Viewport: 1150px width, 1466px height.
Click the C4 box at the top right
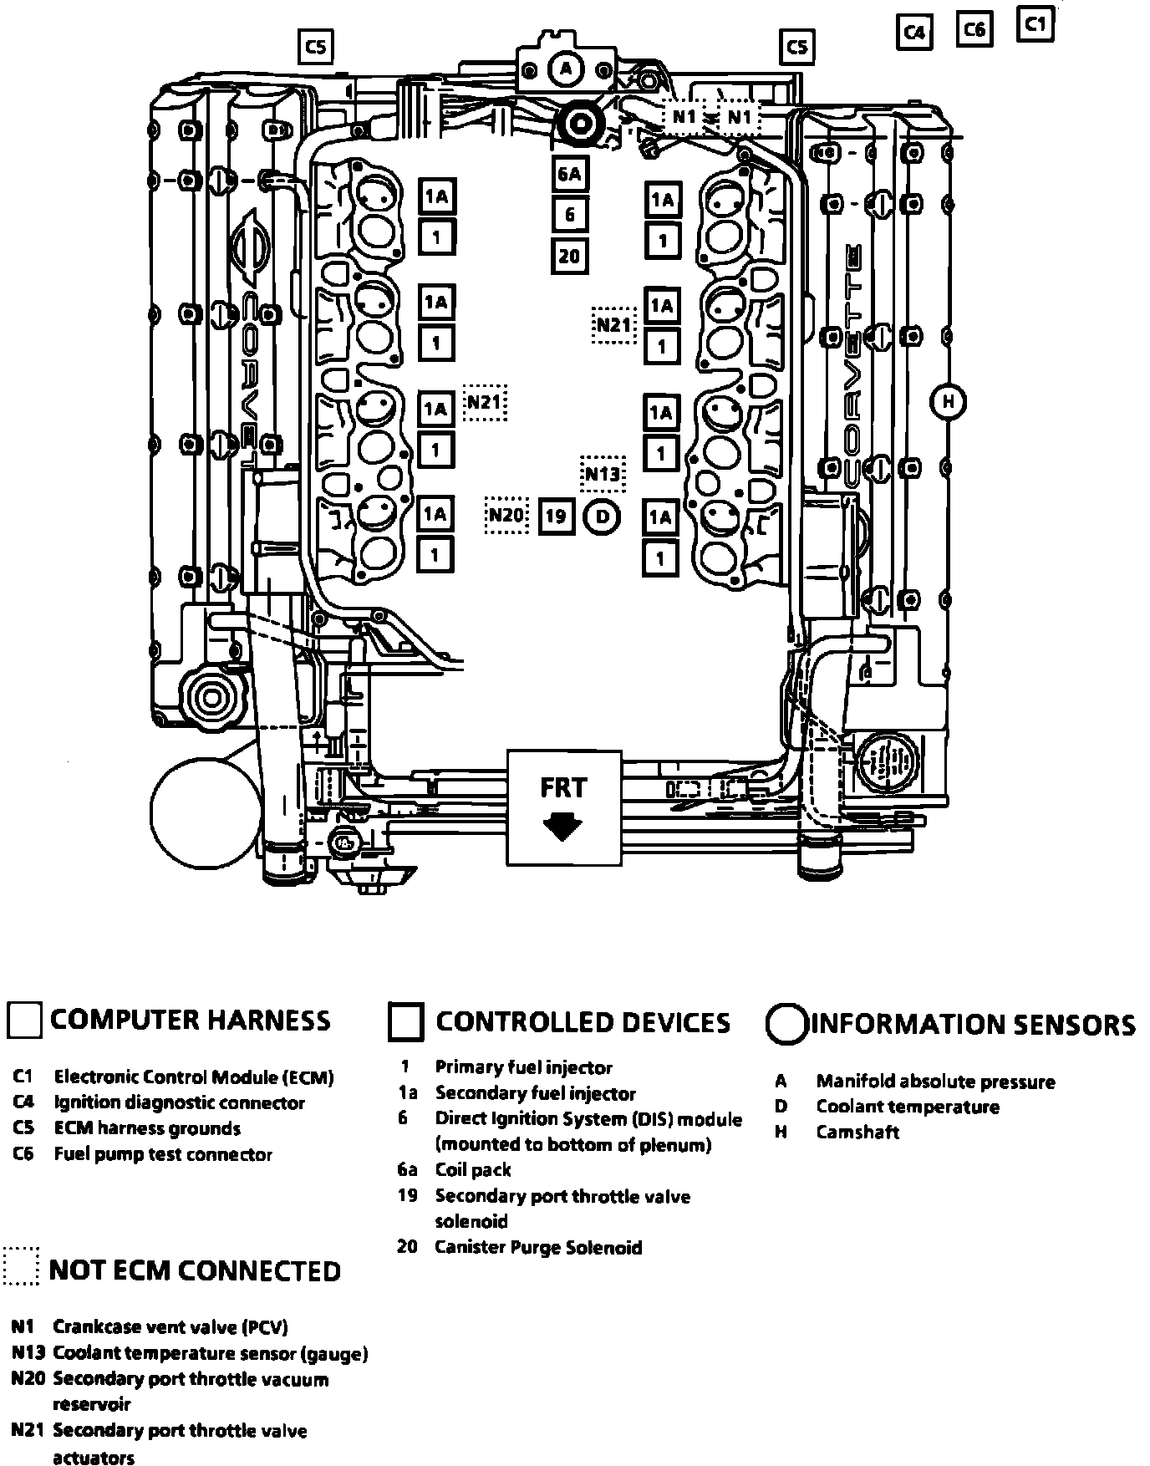[x=914, y=33]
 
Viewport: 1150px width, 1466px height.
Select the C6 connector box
[x=974, y=30]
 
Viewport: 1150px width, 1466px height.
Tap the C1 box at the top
[x=1036, y=24]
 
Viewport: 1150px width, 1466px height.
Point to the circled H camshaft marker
[x=948, y=402]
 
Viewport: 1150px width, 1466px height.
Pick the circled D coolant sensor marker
[x=602, y=517]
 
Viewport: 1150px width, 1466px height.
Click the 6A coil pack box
[x=569, y=174]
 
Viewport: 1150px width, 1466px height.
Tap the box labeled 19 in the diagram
[x=556, y=517]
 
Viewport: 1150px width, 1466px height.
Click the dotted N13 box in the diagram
[x=603, y=475]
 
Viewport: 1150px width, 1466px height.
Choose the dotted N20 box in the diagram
[x=506, y=515]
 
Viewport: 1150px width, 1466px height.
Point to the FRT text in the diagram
[x=563, y=788]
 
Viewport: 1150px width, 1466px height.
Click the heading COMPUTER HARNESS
[x=190, y=1021]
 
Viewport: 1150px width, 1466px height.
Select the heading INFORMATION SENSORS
[x=974, y=1025]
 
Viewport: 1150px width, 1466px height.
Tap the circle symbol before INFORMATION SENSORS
[x=786, y=1024]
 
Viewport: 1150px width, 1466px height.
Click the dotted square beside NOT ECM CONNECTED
[x=21, y=1266]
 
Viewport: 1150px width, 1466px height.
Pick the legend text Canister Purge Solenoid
[x=538, y=1247]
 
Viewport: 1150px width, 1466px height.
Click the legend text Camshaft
[x=857, y=1133]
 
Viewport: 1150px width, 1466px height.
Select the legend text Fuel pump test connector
[x=163, y=1154]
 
